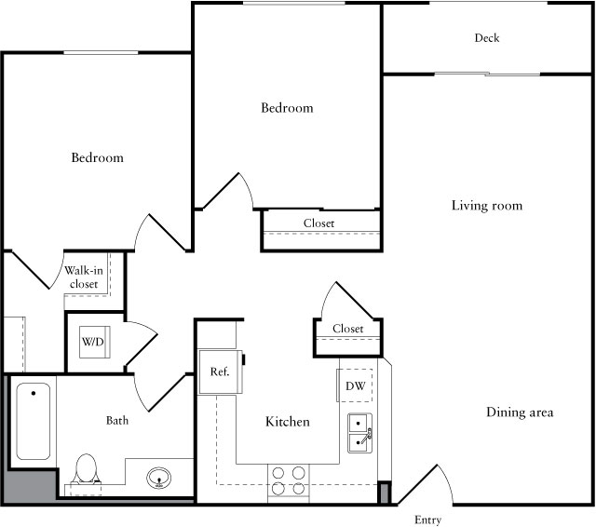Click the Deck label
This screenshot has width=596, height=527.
pos(487,38)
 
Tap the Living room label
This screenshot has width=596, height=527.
pos(487,206)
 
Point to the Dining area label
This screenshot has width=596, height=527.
pos(520,412)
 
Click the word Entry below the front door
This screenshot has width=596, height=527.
pos(427,520)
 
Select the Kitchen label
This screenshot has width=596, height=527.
pos(288,422)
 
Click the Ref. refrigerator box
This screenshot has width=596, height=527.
pos(220,372)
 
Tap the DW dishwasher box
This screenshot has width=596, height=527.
pos(356,385)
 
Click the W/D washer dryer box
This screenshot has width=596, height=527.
pos(93,342)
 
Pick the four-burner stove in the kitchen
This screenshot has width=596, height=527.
pos(288,480)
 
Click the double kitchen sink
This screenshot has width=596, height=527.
pos(360,433)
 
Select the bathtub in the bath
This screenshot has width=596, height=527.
pos(33,422)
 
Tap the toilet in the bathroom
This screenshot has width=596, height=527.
pos(86,470)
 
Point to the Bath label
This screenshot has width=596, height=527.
pos(117,421)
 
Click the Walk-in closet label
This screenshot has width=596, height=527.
pos(82,277)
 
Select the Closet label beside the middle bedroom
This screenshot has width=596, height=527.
pos(318,223)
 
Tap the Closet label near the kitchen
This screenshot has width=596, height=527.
pos(347,329)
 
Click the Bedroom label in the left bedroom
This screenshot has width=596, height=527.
pos(98,158)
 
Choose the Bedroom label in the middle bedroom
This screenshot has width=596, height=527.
pos(287,108)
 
